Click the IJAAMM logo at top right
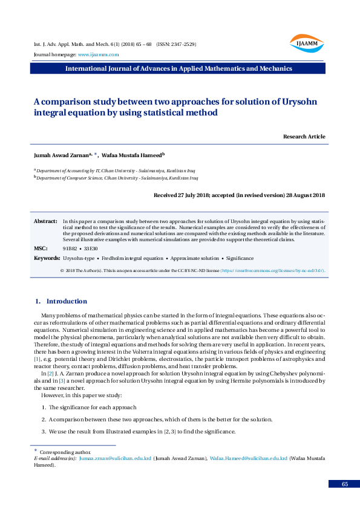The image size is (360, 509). (x=307, y=43)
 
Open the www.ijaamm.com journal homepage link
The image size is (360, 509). (x=94, y=54)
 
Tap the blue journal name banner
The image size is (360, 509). (x=179, y=68)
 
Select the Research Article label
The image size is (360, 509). (x=304, y=137)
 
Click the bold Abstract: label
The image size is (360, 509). (x=45, y=222)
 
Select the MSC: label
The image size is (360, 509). (x=40, y=248)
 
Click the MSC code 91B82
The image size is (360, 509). (x=70, y=248)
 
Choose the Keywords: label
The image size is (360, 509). (x=47, y=258)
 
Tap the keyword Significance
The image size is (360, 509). (x=240, y=258)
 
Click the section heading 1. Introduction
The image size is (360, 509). (x=61, y=301)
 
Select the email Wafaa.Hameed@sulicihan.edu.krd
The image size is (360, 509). (x=248, y=459)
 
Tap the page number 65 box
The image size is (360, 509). (x=344, y=484)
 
